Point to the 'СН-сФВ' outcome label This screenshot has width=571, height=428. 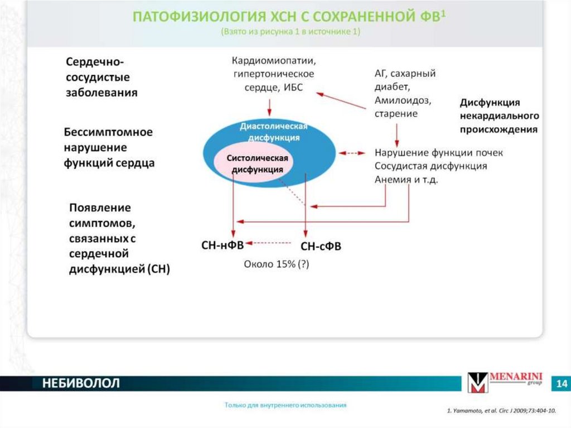321,246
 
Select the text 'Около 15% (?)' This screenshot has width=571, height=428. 276,265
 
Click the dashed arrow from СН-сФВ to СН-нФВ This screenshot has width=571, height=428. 269,243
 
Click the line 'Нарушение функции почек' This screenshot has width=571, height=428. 439,152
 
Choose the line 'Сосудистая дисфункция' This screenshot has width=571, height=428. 430,166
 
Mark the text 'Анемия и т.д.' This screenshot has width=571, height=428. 406,180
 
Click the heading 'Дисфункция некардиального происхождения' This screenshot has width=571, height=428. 499,116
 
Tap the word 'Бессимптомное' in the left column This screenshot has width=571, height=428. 108,133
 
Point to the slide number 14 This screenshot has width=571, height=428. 561,384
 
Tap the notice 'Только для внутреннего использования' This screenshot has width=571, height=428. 285,405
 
